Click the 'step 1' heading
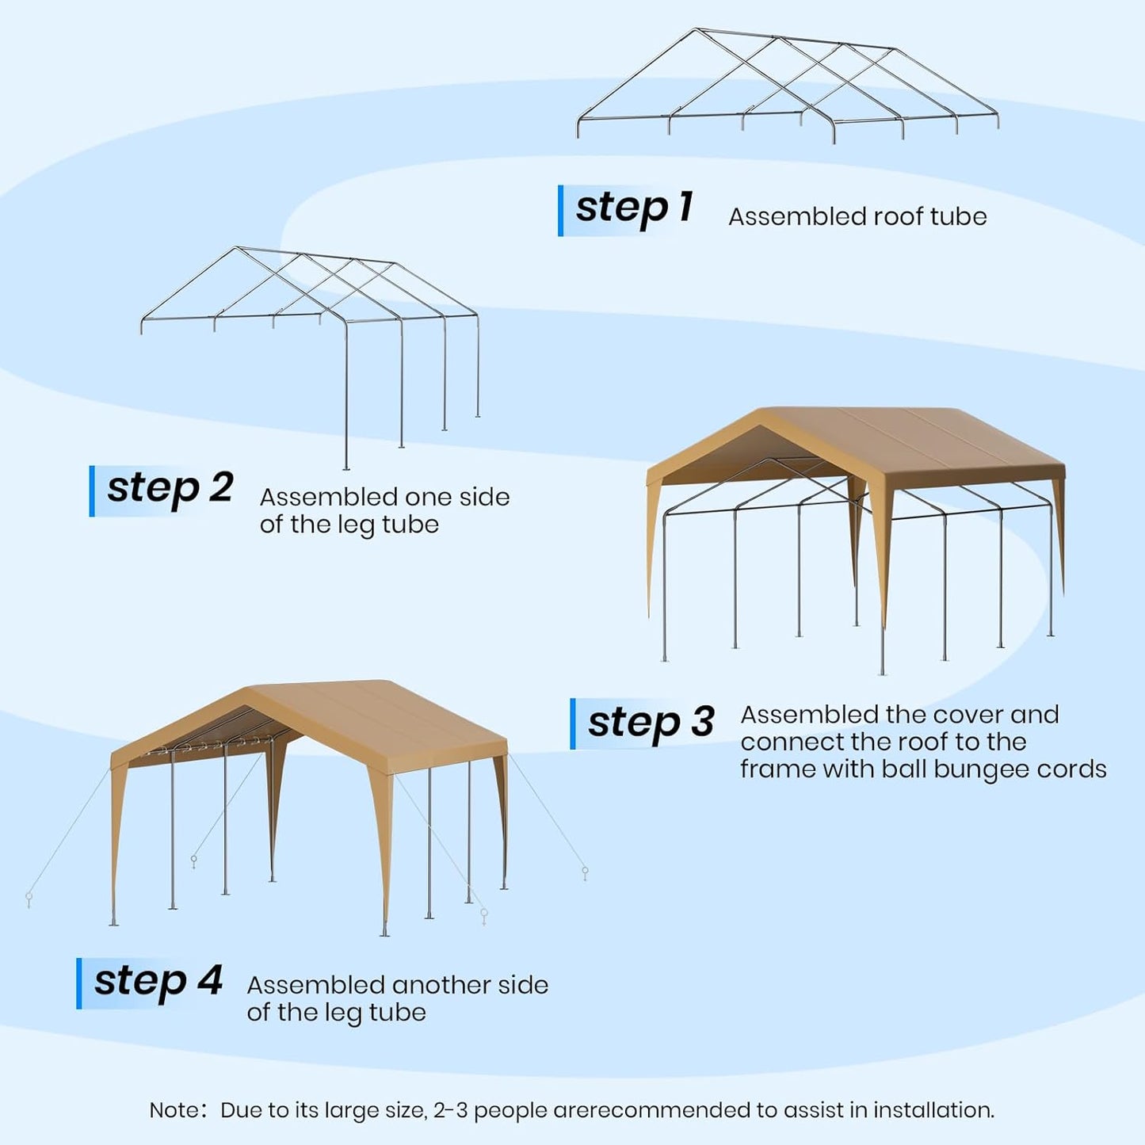[633, 208]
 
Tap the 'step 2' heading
[170, 488]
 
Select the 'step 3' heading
[651, 722]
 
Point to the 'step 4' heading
[158, 982]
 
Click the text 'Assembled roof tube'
[857, 216]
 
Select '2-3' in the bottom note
[450, 1110]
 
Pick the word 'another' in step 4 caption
[441, 985]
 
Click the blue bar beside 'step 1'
[561, 211]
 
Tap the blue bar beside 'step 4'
[79, 983]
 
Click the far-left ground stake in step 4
[29, 899]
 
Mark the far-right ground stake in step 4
[585, 873]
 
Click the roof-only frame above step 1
[787, 83]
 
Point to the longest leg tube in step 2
[346, 396]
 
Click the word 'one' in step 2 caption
[440, 497]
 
